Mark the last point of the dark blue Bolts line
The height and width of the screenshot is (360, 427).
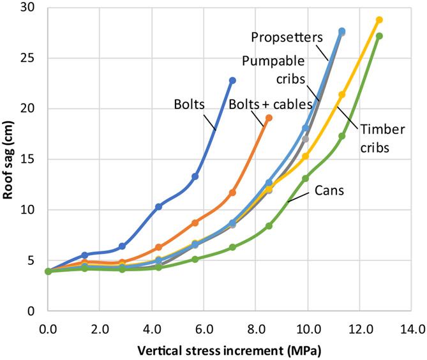[x=232, y=80]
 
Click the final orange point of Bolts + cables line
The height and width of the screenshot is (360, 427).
[x=269, y=118]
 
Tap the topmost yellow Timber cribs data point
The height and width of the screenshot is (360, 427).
[x=379, y=20]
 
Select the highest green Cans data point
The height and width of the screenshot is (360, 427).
[x=379, y=36]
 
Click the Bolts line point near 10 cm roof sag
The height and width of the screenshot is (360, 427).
[x=159, y=207]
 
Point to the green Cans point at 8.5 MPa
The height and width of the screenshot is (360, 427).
[x=269, y=226]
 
